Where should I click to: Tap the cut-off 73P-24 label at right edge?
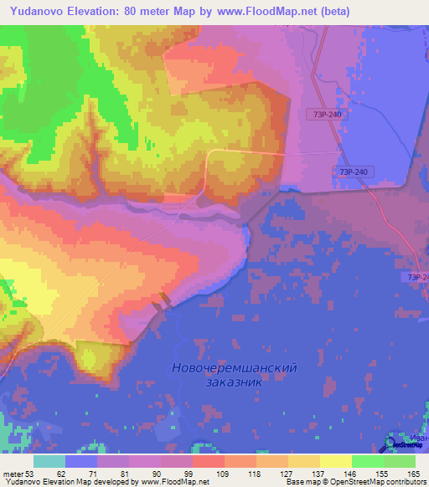click(416, 277)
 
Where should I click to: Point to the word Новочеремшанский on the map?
click(234, 367)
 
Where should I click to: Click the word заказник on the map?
click(234, 382)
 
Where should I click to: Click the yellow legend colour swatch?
click(336, 461)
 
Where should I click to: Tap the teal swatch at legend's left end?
click(49, 461)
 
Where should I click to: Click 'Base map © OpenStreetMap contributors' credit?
click(356, 483)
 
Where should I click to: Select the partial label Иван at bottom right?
click(419, 437)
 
